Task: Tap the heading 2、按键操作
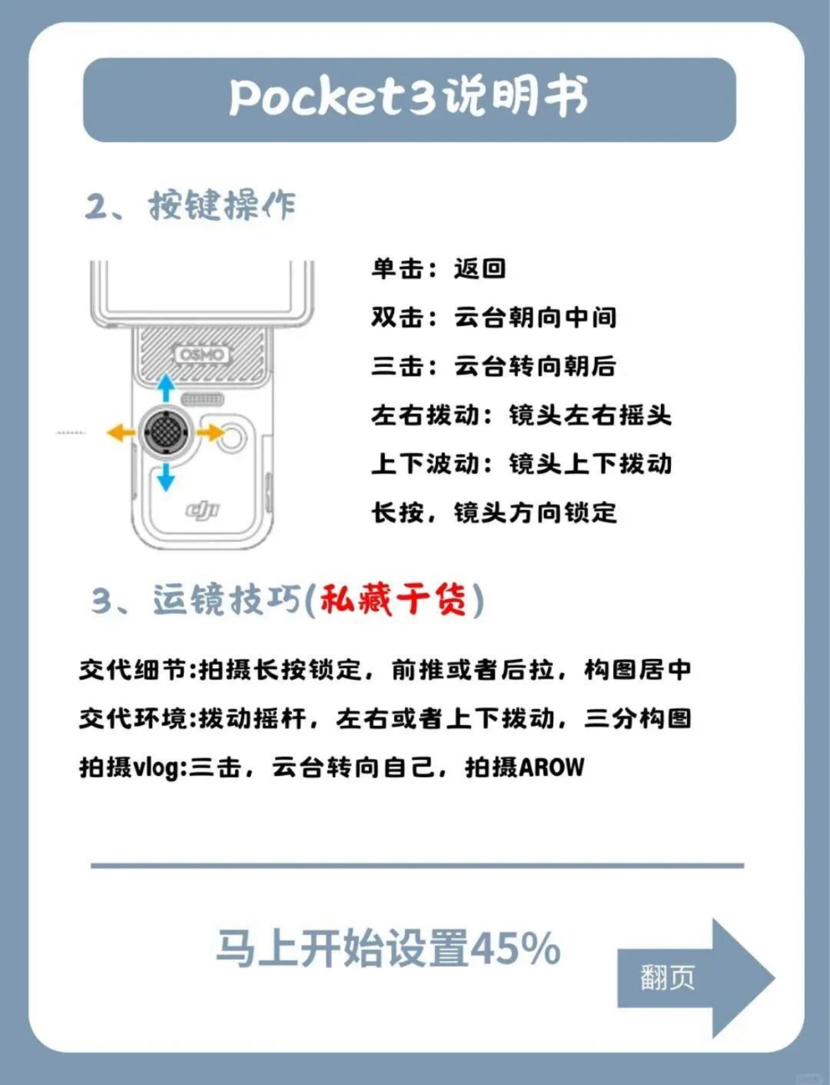point(190,205)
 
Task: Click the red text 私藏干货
point(393,600)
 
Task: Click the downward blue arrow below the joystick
point(166,477)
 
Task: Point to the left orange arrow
point(121,433)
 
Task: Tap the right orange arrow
point(210,433)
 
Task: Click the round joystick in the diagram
point(165,433)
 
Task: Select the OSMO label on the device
point(201,354)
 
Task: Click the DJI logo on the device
point(202,510)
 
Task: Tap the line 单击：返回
point(439,269)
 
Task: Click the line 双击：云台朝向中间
point(494,318)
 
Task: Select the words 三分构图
point(637,718)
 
